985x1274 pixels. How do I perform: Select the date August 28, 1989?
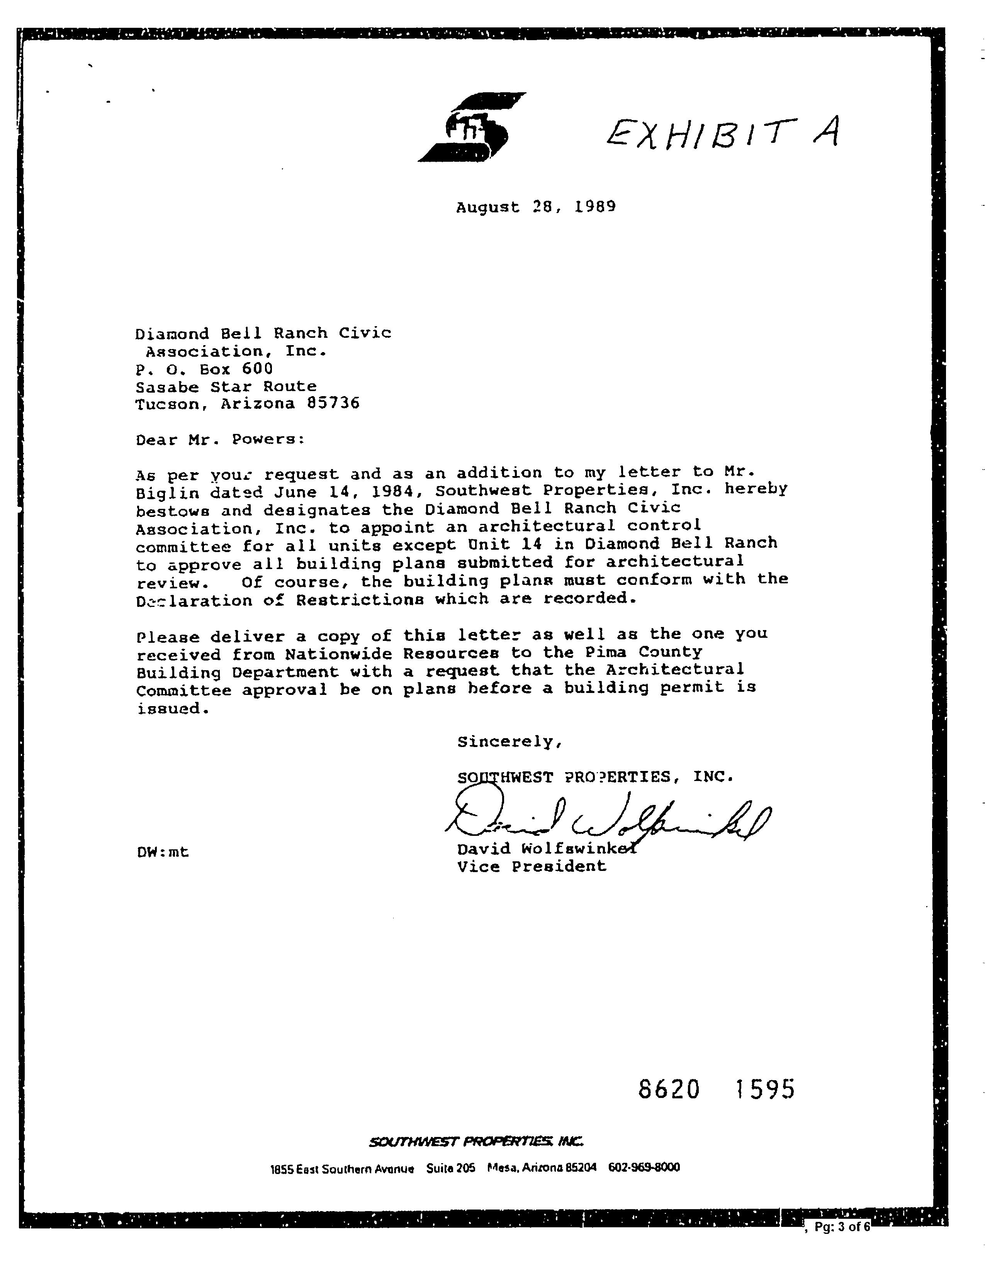point(536,207)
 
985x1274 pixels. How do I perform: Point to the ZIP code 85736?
point(333,403)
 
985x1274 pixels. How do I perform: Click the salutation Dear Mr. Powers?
point(220,439)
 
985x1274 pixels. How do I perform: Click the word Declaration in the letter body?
point(194,601)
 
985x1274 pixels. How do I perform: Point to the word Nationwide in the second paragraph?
point(338,654)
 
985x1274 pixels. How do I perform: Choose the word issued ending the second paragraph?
point(172,709)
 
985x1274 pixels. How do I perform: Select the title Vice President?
point(532,866)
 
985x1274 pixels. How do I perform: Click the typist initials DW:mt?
point(163,852)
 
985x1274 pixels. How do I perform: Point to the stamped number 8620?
point(669,1089)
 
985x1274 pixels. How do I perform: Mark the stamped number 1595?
point(764,1089)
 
